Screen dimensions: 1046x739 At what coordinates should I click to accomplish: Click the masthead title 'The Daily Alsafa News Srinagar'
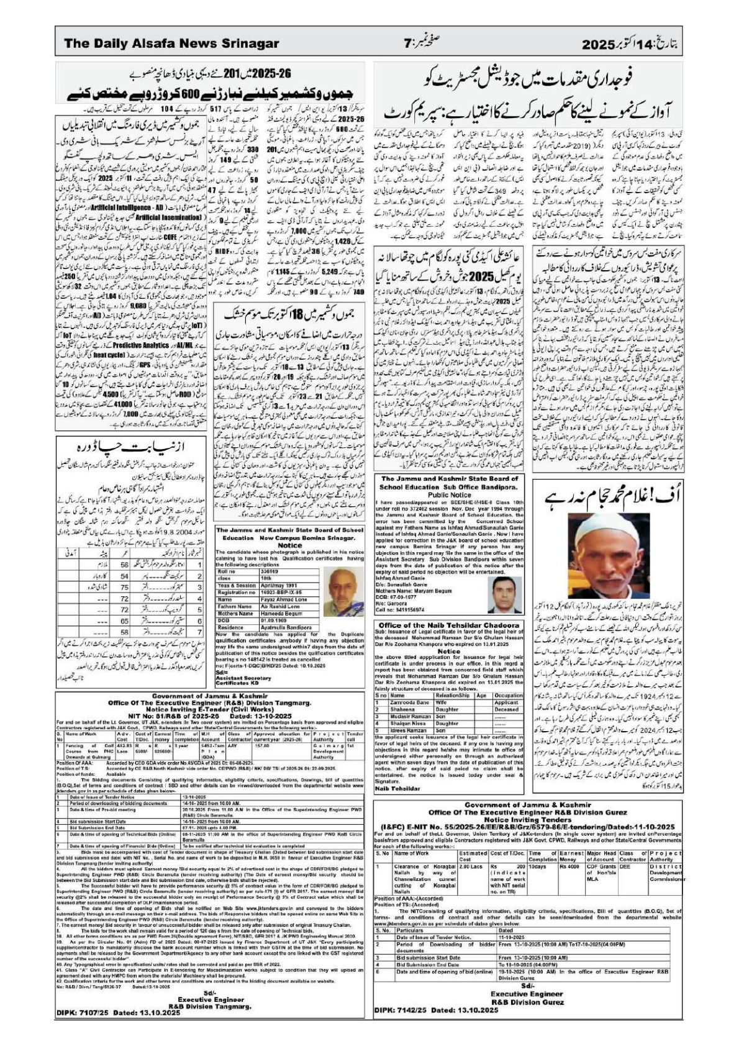tap(171, 44)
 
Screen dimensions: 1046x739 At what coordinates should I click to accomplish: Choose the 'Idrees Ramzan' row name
tap(407, 730)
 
